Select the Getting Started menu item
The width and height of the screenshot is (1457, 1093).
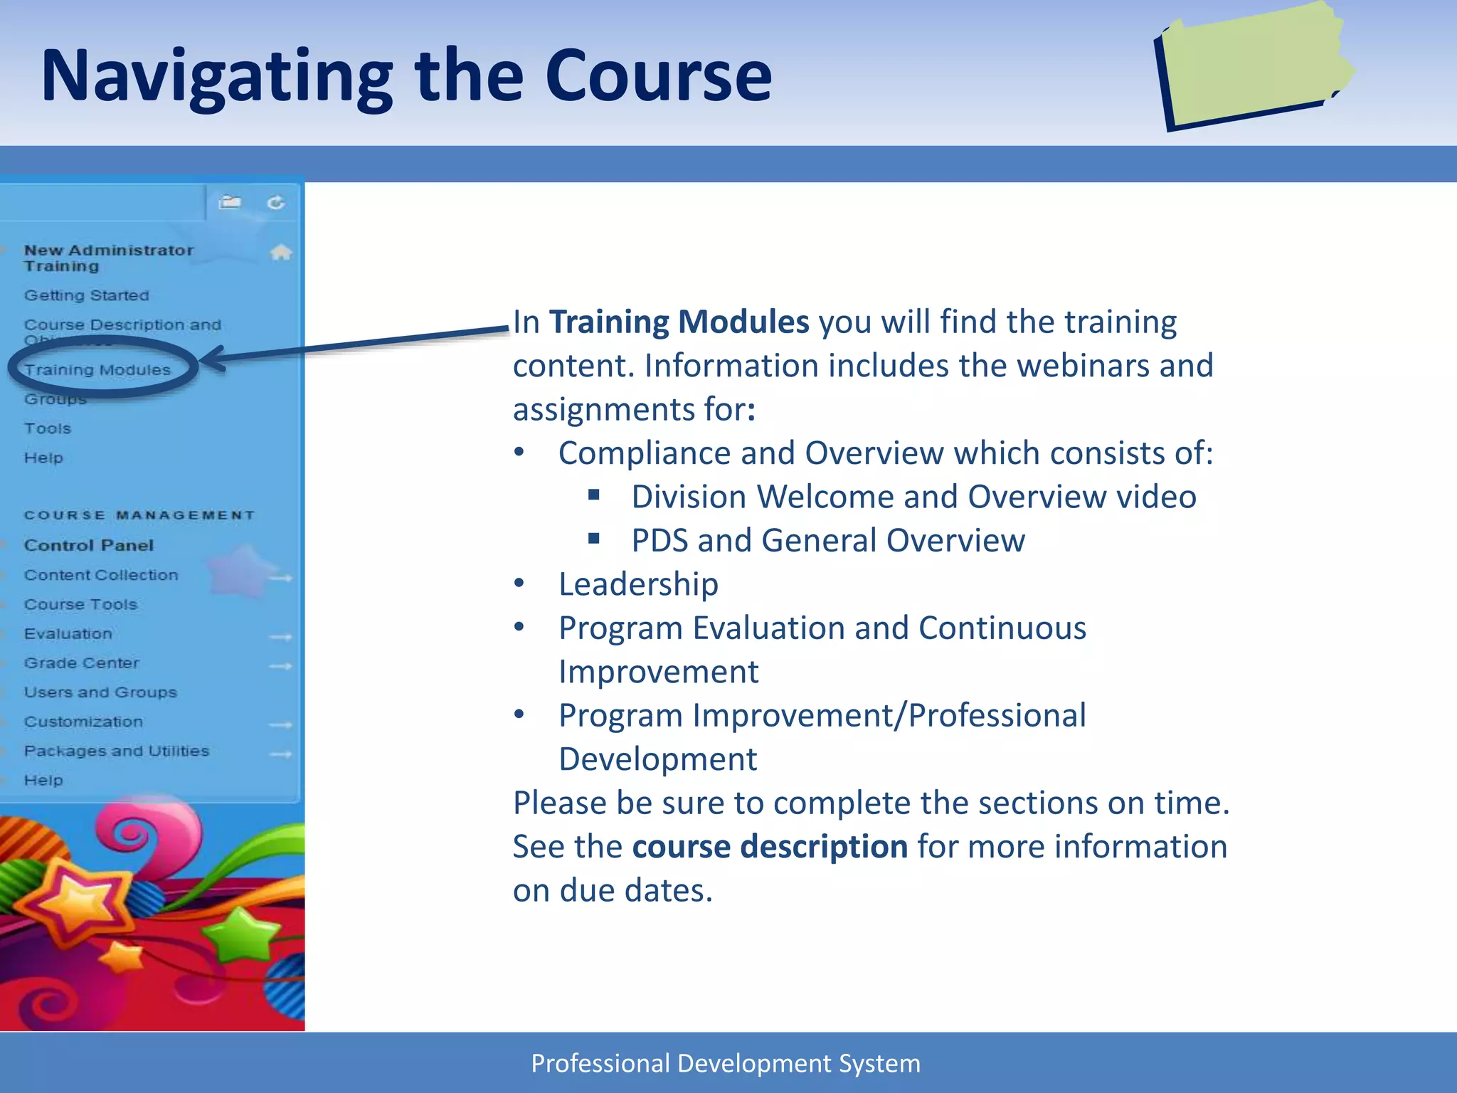point(86,295)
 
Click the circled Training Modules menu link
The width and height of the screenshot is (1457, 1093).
point(97,370)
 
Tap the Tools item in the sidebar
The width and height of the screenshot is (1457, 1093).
point(47,428)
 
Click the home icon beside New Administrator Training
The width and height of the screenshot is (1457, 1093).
point(281,252)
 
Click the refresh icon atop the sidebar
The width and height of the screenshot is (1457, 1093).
point(276,204)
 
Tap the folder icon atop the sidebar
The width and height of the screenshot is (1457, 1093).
point(229,203)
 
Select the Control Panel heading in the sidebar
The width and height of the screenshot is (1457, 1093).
point(88,545)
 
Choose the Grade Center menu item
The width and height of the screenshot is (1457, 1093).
point(81,663)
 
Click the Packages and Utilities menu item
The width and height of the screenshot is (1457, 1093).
point(116,751)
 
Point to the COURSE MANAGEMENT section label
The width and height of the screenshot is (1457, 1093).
point(139,515)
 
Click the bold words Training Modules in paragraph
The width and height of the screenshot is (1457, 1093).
point(679,322)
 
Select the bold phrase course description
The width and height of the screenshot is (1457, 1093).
point(769,847)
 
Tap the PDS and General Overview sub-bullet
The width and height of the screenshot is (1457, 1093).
point(827,541)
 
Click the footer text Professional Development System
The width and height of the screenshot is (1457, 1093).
point(726,1063)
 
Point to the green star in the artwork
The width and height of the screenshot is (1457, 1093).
point(242,934)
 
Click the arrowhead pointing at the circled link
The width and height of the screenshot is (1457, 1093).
point(212,359)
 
